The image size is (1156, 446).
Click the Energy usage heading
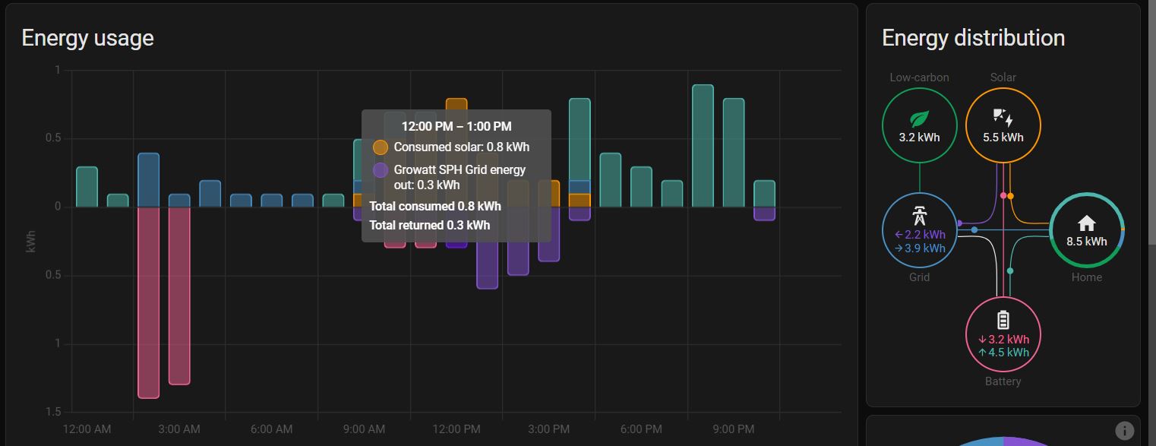[x=87, y=38]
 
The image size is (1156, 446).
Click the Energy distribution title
[x=973, y=38]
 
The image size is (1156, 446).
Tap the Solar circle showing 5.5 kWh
[x=1003, y=125]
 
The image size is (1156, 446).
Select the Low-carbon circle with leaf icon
[x=919, y=125]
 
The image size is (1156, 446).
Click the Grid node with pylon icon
[x=919, y=230]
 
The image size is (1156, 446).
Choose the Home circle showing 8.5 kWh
[x=1086, y=230]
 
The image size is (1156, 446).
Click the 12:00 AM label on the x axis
[x=87, y=429]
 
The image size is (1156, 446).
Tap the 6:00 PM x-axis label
[x=640, y=429]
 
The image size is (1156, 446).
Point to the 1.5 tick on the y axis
[x=52, y=412]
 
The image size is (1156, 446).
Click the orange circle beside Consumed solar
[x=381, y=147]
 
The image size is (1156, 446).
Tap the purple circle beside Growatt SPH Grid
[x=381, y=170]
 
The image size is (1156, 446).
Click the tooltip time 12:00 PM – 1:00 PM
[x=456, y=126]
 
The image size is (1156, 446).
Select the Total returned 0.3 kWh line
[x=429, y=225]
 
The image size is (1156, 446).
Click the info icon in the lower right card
[x=1124, y=430]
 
